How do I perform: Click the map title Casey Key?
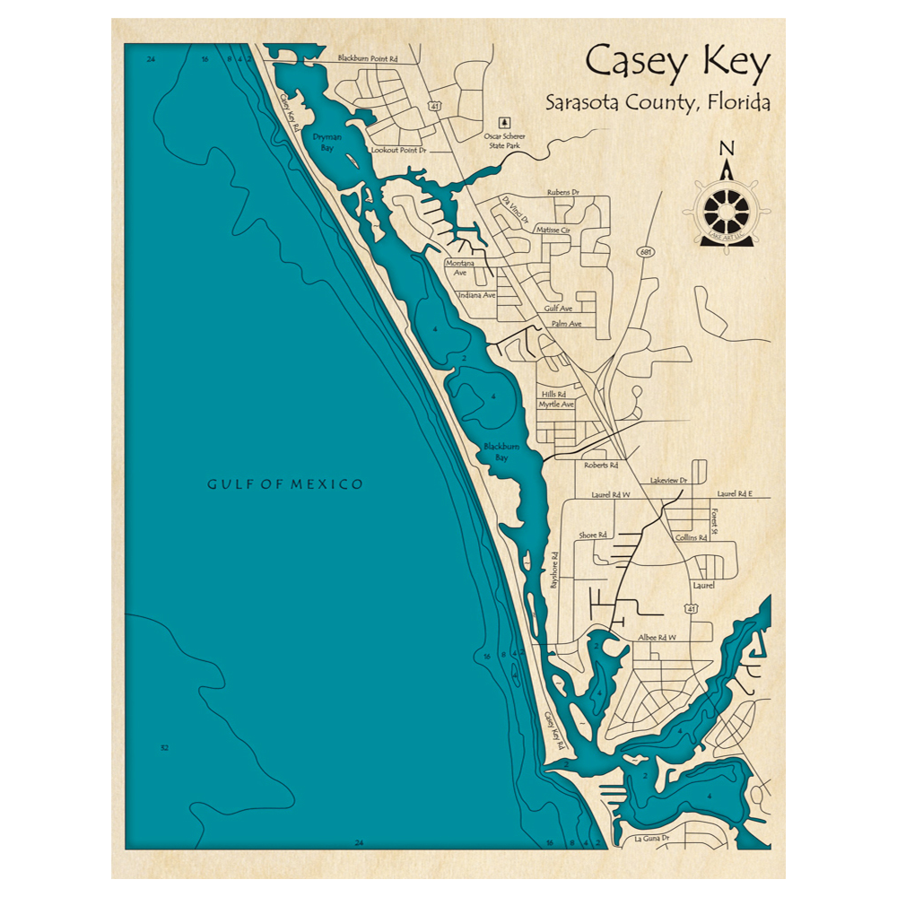click(x=677, y=64)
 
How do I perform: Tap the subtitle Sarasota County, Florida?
click(x=658, y=102)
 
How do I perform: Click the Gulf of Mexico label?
click(x=285, y=484)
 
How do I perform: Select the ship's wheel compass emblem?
click(x=727, y=210)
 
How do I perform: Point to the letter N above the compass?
click(x=727, y=149)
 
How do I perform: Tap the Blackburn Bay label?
click(x=496, y=452)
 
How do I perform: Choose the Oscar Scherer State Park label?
click(x=504, y=140)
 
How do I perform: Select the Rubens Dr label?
click(x=563, y=193)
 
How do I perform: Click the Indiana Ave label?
click(x=476, y=295)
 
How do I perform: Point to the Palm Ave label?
click(x=567, y=323)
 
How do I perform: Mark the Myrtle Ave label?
click(x=556, y=405)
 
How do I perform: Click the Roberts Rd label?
click(x=601, y=466)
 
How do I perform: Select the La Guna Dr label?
click(x=652, y=839)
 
